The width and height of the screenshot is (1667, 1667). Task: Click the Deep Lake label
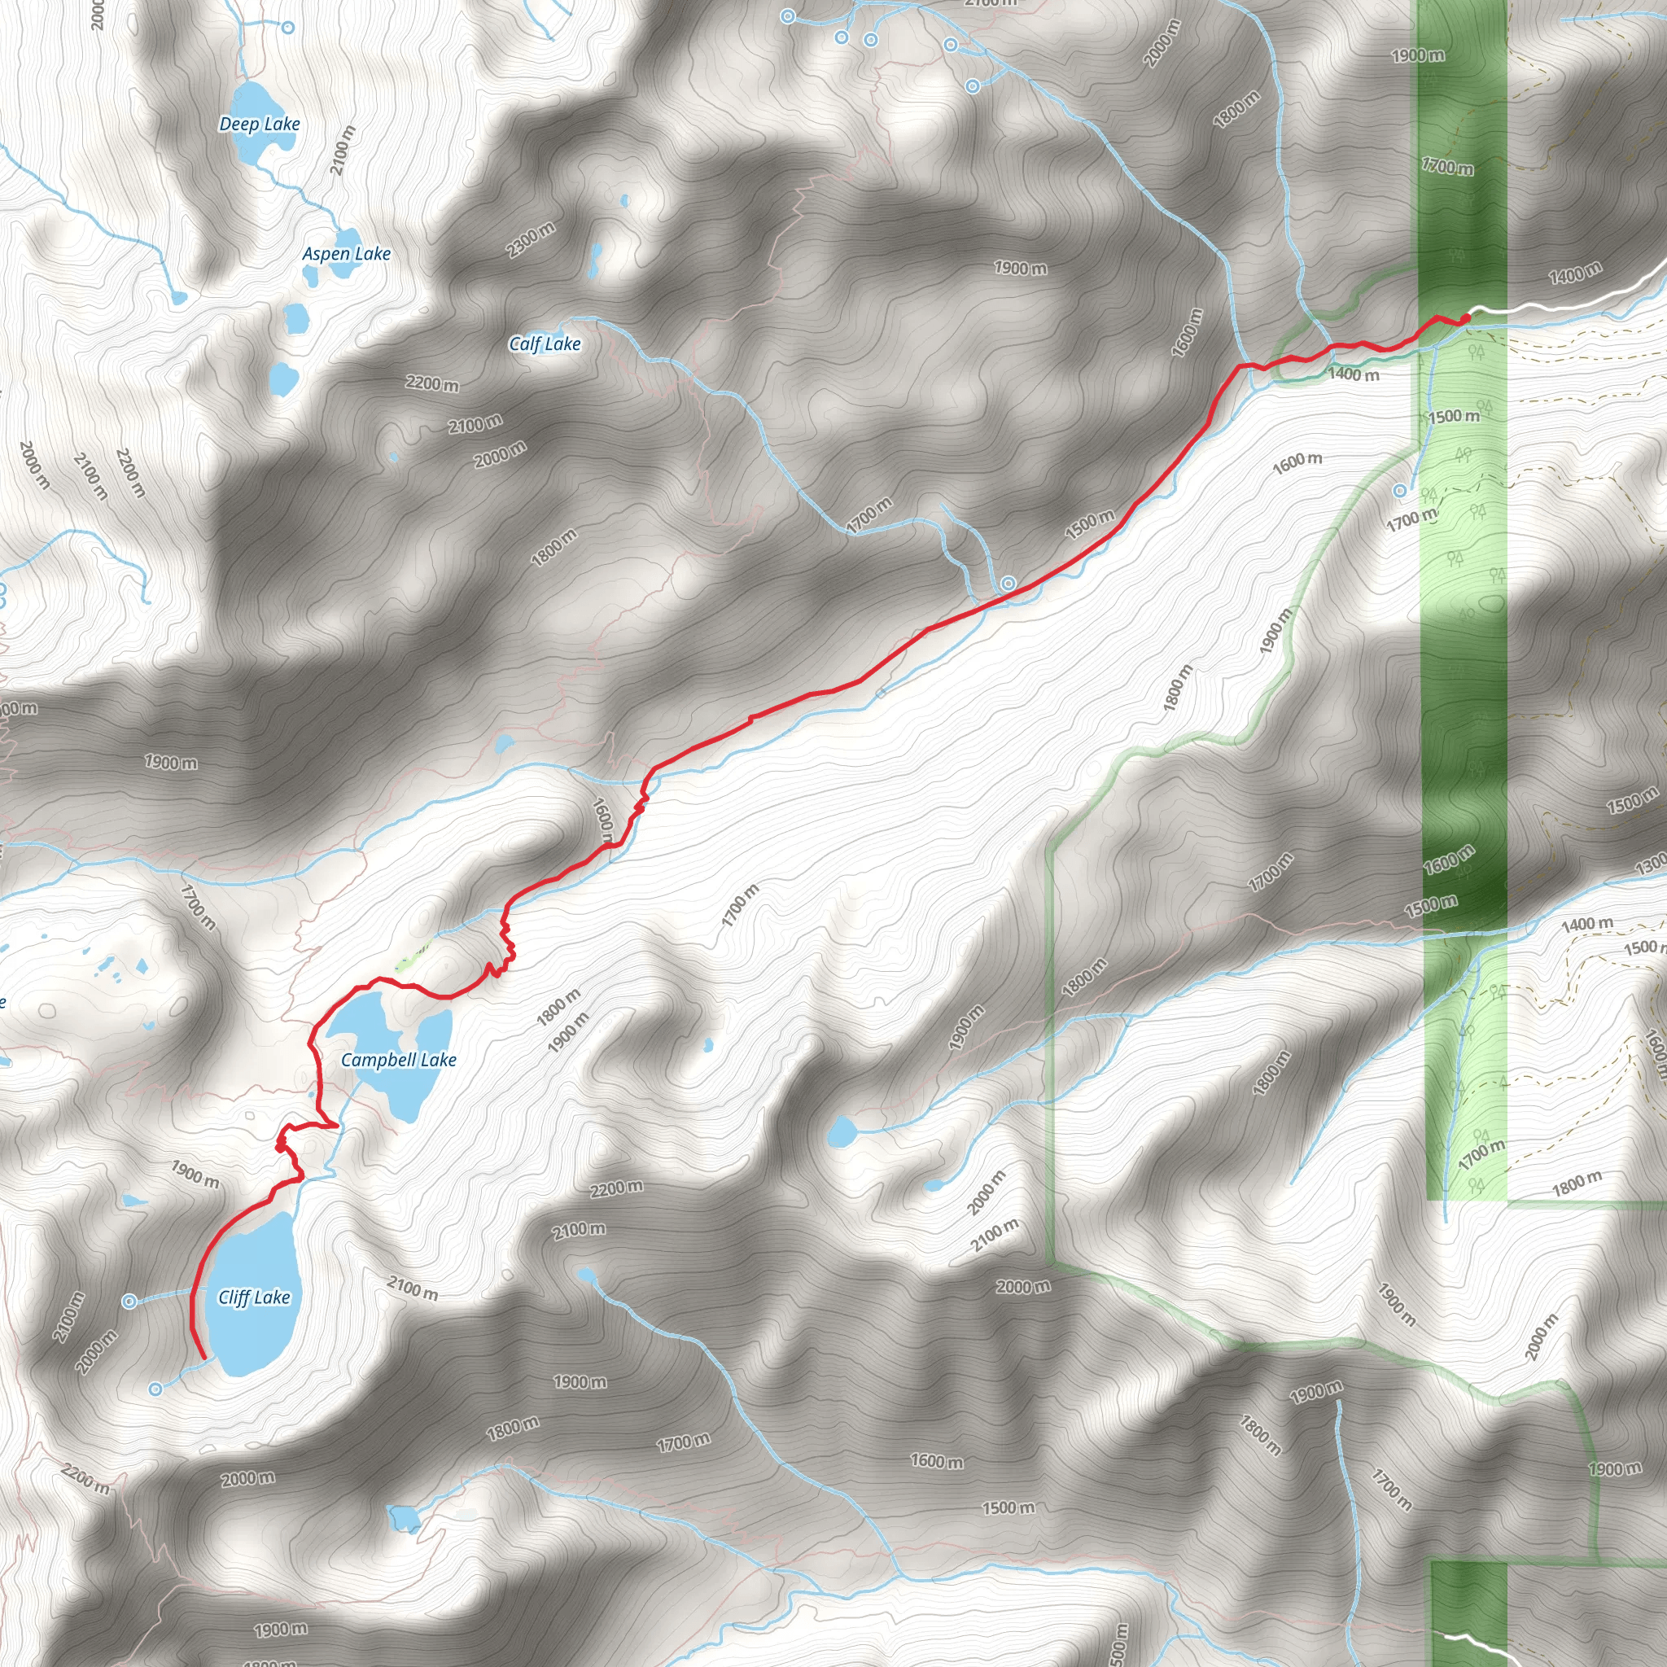[x=259, y=125]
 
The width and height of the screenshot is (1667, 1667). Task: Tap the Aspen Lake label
[x=346, y=254]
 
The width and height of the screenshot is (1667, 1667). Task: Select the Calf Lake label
[x=545, y=343]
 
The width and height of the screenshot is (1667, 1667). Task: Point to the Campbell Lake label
[x=399, y=1060]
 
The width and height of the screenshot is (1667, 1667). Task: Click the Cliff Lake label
[x=254, y=1297]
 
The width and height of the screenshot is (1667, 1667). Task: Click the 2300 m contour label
[x=531, y=239]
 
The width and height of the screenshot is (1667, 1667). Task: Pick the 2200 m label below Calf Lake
[x=432, y=383]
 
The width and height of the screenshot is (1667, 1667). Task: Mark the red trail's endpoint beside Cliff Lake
[x=203, y=1359]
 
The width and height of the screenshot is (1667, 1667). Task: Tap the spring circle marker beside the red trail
[x=1008, y=584]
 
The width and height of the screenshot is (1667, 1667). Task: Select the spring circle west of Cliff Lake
[x=129, y=1302]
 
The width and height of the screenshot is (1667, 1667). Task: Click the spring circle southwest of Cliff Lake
[x=156, y=1389]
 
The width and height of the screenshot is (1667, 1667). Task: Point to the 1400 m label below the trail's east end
[x=1353, y=374]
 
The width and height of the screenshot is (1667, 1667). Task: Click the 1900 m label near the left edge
[x=171, y=763]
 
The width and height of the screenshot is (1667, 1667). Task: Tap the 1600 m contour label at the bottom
[x=937, y=1461]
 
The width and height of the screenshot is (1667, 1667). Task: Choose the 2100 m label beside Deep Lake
[x=343, y=150]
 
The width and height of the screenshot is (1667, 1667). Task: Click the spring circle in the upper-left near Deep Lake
[x=288, y=28]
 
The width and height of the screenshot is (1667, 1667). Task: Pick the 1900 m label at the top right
[x=1418, y=55]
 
